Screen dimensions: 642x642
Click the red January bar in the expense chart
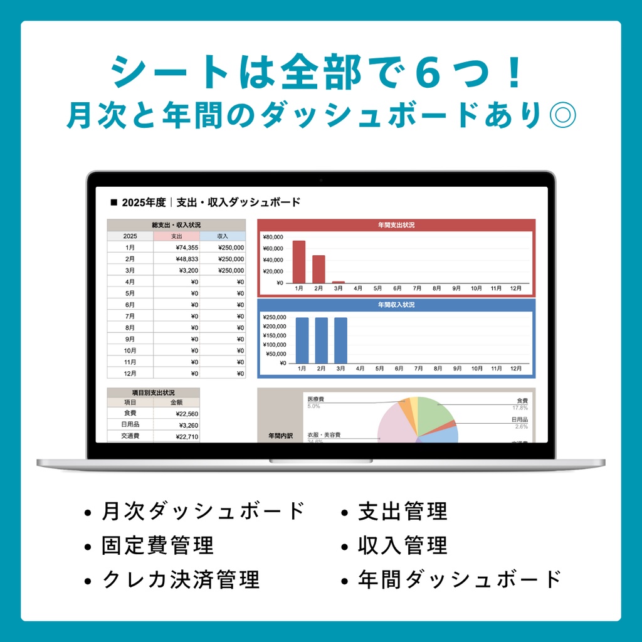[299, 261]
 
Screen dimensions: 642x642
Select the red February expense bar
[318, 269]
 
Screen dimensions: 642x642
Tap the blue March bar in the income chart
[340, 340]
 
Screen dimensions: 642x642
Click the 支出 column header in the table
[176, 236]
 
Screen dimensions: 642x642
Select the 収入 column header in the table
[223, 236]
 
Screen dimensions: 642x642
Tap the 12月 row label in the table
[130, 373]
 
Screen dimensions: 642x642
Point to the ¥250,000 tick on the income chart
[273, 317]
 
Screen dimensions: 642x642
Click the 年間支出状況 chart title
[396, 224]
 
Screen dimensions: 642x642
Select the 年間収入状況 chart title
[396, 305]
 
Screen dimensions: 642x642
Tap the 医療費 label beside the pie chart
[316, 399]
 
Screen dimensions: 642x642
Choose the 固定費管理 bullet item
[157, 545]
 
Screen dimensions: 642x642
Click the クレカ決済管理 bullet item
[181, 579]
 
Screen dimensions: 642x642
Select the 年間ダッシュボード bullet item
[460, 579]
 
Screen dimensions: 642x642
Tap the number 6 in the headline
[429, 73]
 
